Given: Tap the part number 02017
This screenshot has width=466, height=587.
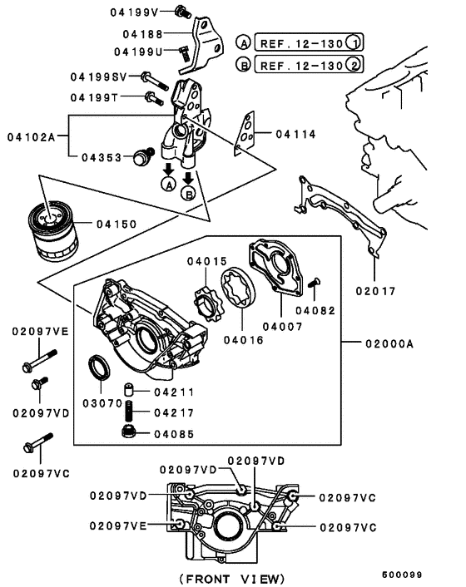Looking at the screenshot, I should pyautogui.click(x=374, y=291).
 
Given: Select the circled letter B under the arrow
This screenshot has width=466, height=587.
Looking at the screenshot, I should pyautogui.click(x=189, y=194).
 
